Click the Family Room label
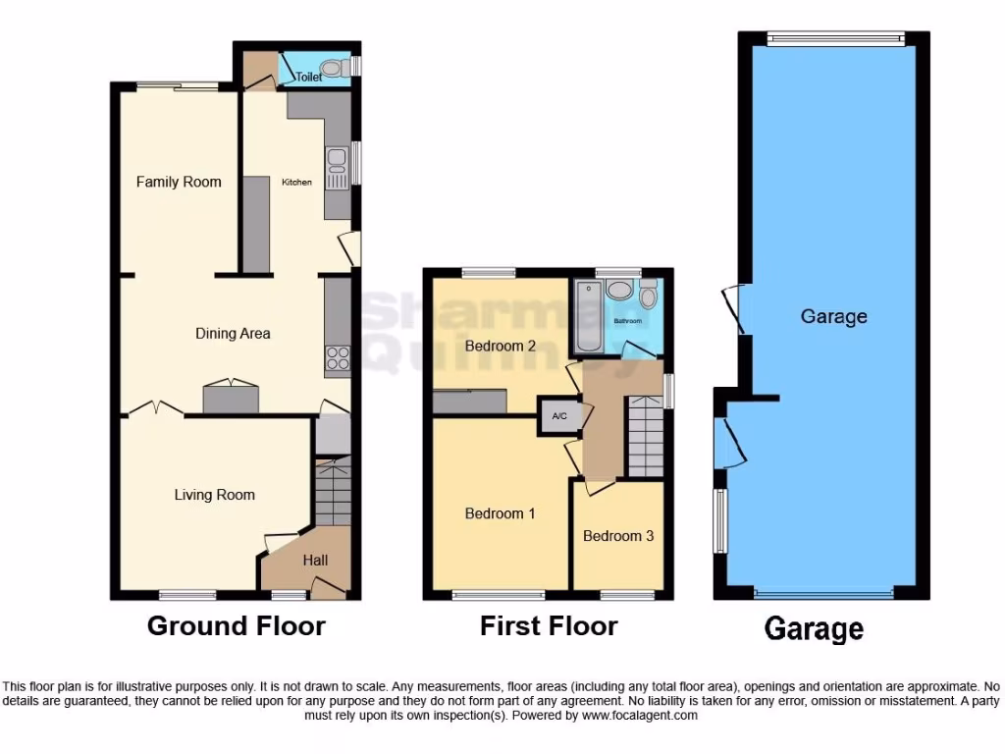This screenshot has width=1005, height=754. coord(179,182)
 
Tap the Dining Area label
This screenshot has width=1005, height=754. coord(233,334)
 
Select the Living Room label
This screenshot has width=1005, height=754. coord(214,495)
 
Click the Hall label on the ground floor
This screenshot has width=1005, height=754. coord(315,561)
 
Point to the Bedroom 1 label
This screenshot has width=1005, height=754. coord(500,513)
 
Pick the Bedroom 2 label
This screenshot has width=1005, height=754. coord(500,346)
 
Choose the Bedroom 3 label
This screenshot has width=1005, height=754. coord(618,536)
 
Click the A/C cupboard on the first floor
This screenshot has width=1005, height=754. coord(559,416)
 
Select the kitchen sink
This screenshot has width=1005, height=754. coord(335,168)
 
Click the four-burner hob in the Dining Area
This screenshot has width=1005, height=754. coord(338,358)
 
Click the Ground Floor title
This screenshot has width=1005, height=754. coord(236,625)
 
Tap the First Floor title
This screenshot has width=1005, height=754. coord(549,625)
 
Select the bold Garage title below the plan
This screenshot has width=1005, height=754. coord(814,628)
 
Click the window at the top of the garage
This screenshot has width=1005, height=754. coord(834,39)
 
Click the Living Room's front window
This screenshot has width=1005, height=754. coord(187,594)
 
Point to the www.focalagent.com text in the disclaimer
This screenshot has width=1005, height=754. coord(640,716)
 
